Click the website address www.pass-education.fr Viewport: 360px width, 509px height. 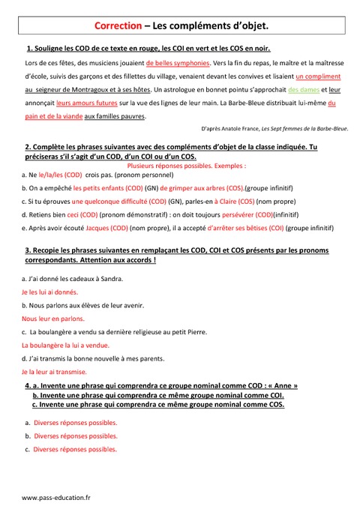pos(55,497)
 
